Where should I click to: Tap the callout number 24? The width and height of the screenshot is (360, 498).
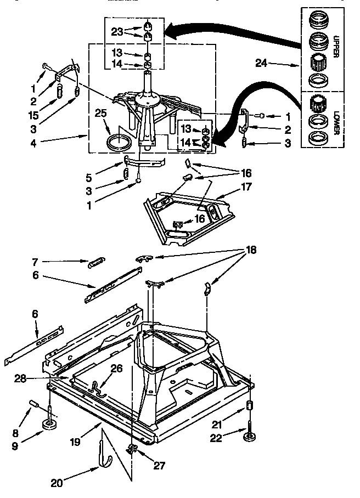coord(261,63)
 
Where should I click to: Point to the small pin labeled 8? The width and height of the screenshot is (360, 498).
coord(33,406)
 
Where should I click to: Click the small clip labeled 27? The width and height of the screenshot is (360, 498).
coord(131,450)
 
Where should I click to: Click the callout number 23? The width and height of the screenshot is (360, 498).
coord(115,31)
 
